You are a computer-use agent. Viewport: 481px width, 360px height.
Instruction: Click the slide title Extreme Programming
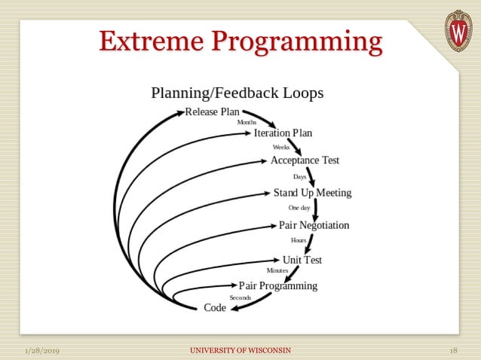click(x=240, y=41)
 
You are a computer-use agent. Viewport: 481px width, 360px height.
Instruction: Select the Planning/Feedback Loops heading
click(x=237, y=93)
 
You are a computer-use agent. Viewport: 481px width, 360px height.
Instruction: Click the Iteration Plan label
click(x=283, y=133)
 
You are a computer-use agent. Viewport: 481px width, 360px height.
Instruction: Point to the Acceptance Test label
click(x=305, y=160)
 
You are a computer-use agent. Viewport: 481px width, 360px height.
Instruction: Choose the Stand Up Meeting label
click(x=312, y=193)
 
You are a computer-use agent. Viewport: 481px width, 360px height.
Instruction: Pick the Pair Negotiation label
click(x=314, y=225)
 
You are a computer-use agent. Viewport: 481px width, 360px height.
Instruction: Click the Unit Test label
click(x=302, y=260)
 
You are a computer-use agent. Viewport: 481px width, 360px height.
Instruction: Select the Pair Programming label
click(x=277, y=285)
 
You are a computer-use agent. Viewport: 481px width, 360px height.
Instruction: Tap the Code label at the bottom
click(x=215, y=307)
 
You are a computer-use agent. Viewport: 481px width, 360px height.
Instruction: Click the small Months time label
click(x=247, y=122)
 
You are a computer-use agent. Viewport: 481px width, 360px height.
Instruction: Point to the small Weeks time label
click(x=280, y=147)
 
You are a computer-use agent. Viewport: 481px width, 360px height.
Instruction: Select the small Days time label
click(x=299, y=177)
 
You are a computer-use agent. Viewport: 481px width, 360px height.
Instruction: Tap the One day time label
click(x=299, y=207)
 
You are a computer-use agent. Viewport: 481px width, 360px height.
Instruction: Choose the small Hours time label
click(x=299, y=240)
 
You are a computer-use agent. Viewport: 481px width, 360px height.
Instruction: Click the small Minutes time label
click(x=277, y=270)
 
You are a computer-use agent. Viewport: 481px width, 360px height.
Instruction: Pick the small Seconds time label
click(x=240, y=297)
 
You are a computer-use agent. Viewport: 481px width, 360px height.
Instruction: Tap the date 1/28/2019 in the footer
click(x=42, y=351)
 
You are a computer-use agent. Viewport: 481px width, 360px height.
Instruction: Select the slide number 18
click(x=453, y=351)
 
